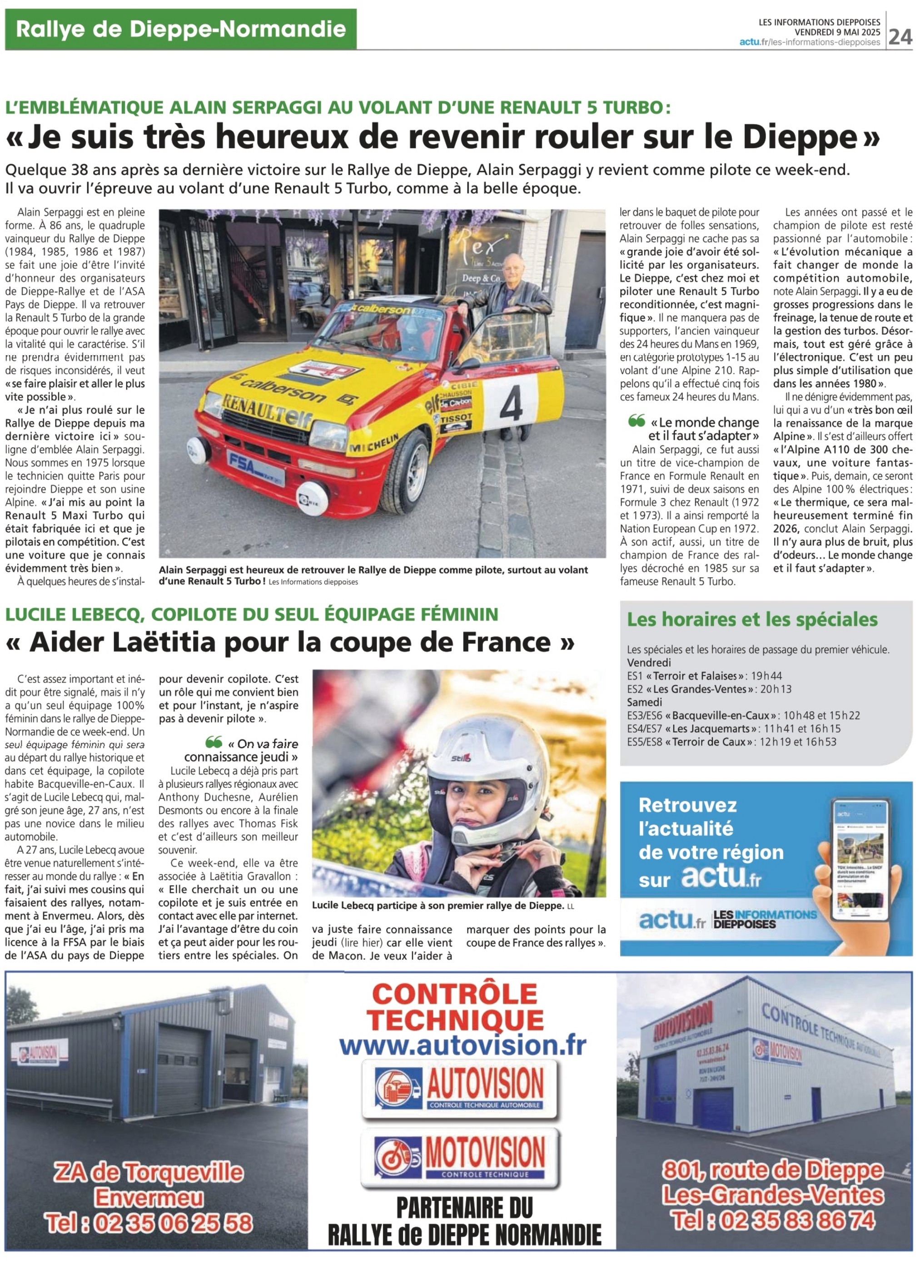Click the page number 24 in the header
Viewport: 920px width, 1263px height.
[900, 36]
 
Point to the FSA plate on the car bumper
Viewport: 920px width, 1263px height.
[255, 464]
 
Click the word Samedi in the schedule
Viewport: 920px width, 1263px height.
[645, 702]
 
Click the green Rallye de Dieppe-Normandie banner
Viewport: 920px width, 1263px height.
[180, 29]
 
